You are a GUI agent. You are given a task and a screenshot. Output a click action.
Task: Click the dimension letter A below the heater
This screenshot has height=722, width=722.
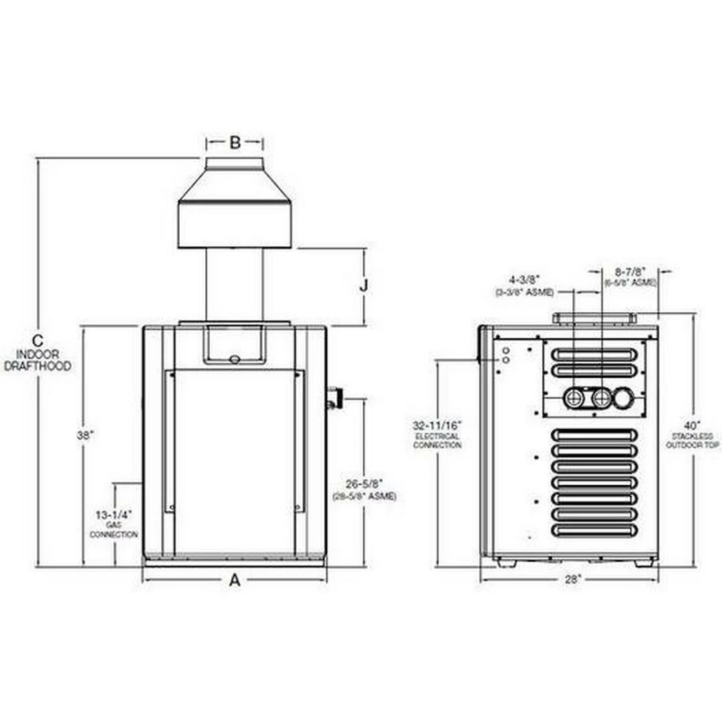235,580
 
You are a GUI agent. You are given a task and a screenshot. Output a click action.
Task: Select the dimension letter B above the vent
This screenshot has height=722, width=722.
235,142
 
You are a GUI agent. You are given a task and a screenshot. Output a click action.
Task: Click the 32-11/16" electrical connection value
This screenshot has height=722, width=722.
437,425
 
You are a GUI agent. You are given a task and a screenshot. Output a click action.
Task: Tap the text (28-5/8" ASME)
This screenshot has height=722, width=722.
364,496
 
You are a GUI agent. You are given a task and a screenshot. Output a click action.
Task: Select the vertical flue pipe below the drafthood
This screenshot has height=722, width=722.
234,284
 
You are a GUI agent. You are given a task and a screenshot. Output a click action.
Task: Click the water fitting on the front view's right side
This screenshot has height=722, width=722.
333,398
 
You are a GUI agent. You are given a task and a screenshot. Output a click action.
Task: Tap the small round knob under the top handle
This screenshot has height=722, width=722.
234,359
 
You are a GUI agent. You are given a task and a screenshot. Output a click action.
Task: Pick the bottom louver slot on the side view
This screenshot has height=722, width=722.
594,530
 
